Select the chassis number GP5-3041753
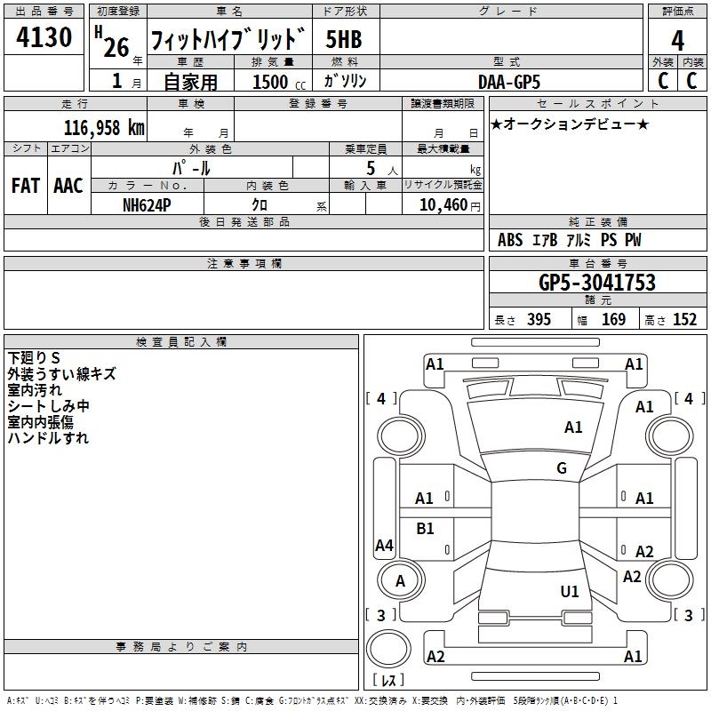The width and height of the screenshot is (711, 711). click(x=597, y=283)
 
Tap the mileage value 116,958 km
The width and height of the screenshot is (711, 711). click(x=103, y=128)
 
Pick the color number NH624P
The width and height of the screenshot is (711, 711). click(x=148, y=204)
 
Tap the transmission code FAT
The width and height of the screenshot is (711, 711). click(x=25, y=186)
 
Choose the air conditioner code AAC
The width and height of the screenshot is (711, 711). click(x=68, y=186)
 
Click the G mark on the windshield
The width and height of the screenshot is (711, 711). click(x=562, y=468)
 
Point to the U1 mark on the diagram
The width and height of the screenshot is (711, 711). click(x=570, y=591)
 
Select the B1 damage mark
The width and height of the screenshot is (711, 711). click(x=426, y=529)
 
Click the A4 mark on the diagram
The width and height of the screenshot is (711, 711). click(x=384, y=546)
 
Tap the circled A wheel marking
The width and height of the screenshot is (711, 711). click(x=400, y=581)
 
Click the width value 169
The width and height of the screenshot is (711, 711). click(x=613, y=320)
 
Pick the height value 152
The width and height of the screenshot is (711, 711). click(x=684, y=320)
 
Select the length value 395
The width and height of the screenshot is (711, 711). click(x=538, y=320)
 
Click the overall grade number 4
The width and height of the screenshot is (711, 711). click(x=678, y=40)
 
